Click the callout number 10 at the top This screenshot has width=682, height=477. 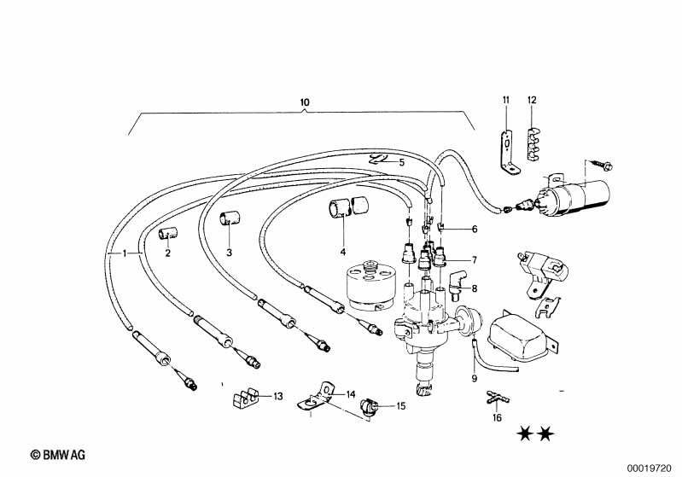305,103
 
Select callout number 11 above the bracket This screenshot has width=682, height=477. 505,101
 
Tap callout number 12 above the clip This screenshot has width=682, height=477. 531,101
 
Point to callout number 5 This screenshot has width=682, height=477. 402,162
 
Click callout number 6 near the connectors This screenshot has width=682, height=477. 475,229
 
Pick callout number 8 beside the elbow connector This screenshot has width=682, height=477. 475,289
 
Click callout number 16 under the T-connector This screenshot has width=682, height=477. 497,418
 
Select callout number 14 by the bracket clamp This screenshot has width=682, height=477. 350,393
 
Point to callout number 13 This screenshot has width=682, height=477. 278,396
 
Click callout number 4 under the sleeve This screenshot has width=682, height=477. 343,252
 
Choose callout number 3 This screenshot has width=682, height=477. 229,252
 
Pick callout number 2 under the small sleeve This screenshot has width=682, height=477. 167,253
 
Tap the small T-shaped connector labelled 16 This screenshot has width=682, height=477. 496,397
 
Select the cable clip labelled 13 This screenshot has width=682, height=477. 246,397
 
